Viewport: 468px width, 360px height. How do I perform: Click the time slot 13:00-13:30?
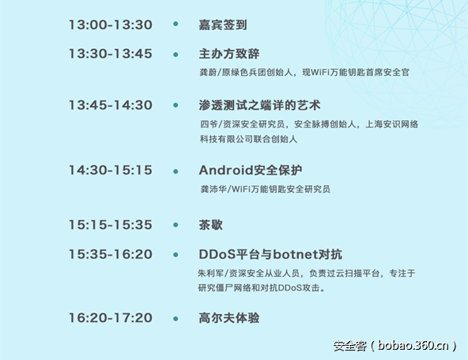point(110,25)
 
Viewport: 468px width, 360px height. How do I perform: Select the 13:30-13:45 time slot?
point(110,54)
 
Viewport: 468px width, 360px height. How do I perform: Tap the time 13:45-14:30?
point(110,105)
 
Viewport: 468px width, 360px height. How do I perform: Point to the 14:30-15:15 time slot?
point(110,170)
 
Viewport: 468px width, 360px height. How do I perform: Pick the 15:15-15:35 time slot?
point(110,225)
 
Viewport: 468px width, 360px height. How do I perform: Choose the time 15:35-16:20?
point(110,254)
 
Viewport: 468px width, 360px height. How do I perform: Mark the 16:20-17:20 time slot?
point(110,317)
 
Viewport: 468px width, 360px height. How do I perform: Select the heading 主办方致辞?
point(229,54)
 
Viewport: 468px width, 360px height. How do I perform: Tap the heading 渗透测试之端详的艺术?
point(259,105)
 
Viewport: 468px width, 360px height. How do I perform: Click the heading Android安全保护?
point(251,170)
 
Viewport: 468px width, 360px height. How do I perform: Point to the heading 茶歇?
point(211,225)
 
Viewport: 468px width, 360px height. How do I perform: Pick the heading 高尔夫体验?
point(229,317)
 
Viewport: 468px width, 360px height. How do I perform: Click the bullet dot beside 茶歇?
point(175,225)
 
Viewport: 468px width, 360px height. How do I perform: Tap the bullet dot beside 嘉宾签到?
point(175,25)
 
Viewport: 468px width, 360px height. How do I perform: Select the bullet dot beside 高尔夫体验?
point(175,317)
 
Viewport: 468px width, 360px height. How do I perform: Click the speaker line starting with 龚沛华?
point(265,190)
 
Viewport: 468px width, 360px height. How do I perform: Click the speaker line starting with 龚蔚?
point(304,72)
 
